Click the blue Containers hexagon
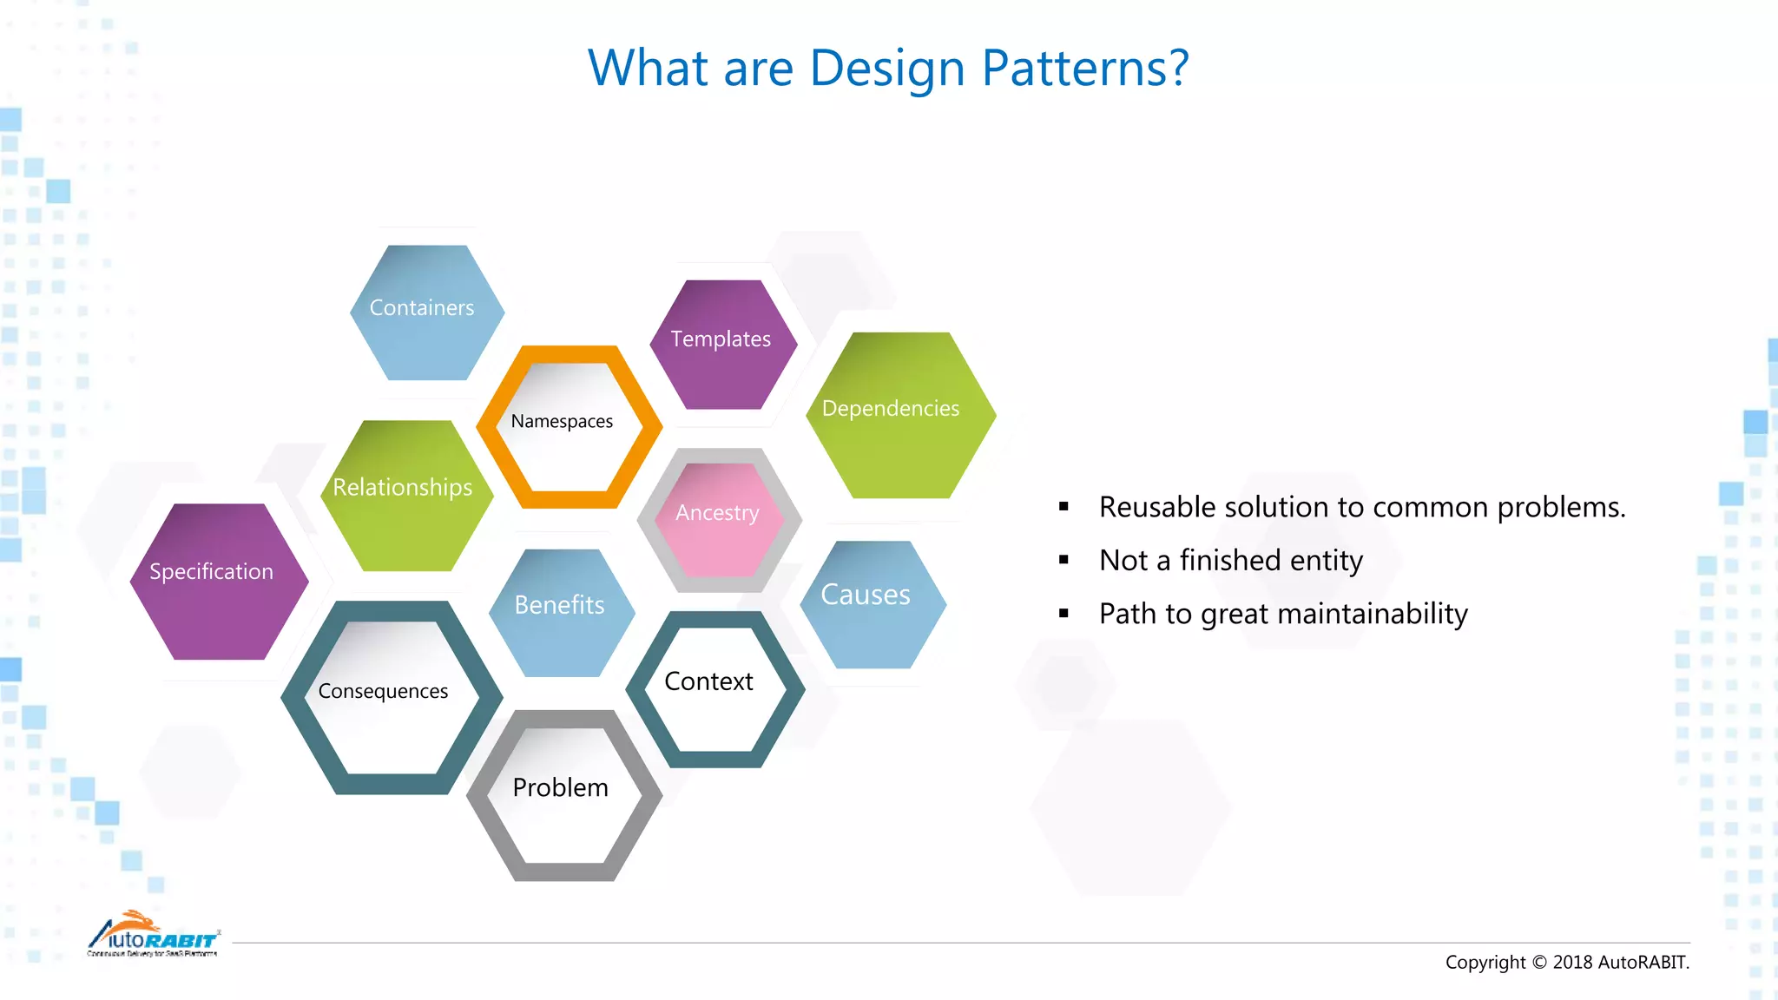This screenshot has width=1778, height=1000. click(426, 312)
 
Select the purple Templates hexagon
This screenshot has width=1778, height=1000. click(722, 344)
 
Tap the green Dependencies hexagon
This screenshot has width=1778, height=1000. click(900, 414)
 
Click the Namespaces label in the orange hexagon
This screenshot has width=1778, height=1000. click(562, 422)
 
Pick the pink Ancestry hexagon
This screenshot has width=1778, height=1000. click(718, 519)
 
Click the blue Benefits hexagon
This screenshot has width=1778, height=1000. click(561, 611)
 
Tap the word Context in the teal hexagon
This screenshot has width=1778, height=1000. click(708, 682)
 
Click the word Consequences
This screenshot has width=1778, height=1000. click(383, 692)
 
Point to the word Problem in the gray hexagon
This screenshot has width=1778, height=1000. click(560, 788)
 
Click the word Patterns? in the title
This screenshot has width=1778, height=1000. click(1084, 69)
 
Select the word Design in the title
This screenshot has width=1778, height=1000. click(886, 69)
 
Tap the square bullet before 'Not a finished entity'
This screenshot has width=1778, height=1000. click(1064, 561)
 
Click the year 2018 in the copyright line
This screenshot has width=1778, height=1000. click(1571, 963)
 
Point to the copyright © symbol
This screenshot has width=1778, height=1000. click(1538, 963)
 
